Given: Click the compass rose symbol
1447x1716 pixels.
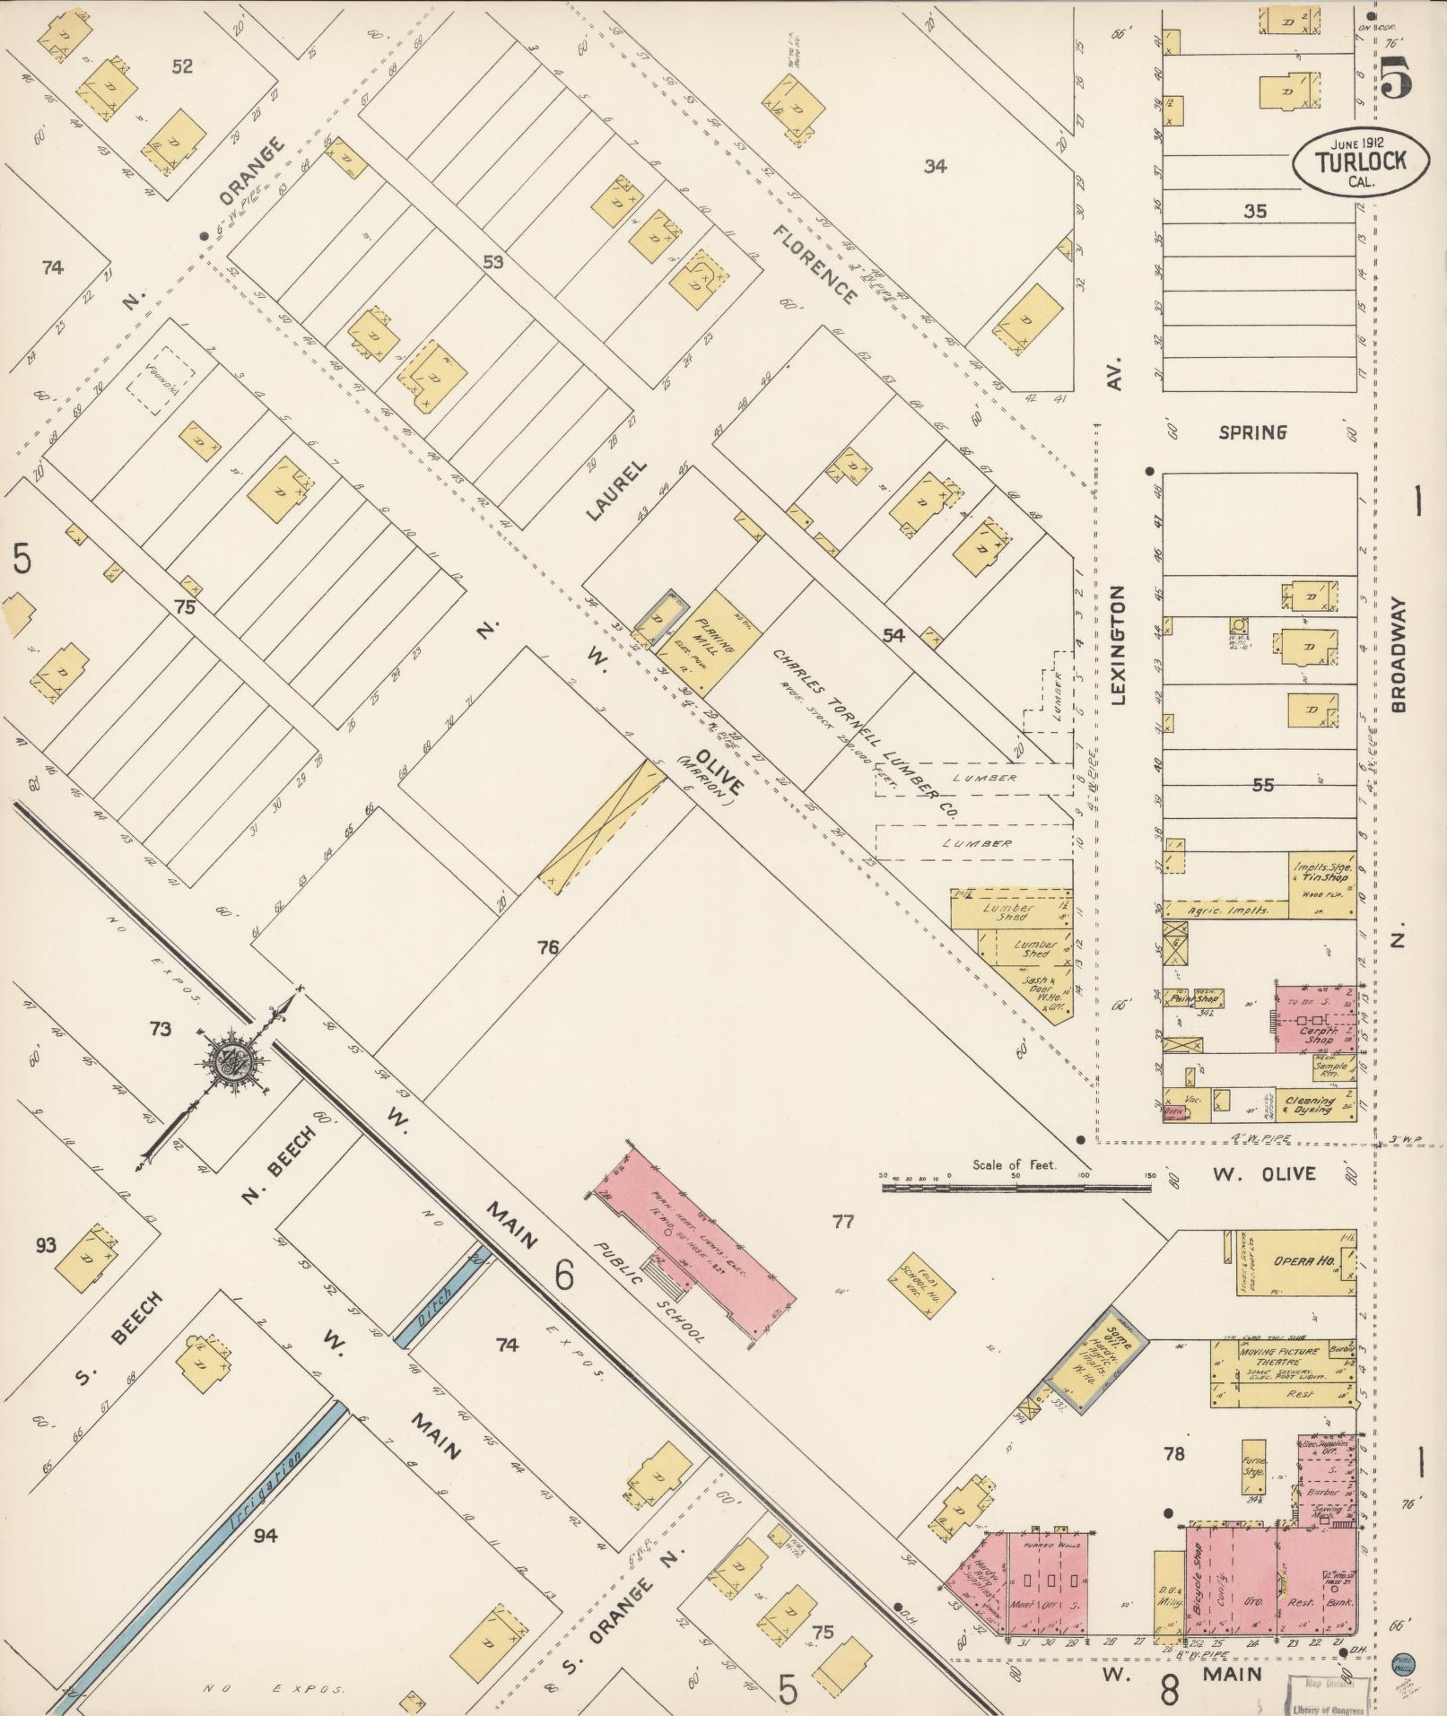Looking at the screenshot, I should pyautogui.click(x=234, y=1065).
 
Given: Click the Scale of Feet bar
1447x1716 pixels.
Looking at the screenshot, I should pyautogui.click(x=1016, y=1187).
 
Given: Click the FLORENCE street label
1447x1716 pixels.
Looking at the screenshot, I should pyautogui.click(x=814, y=263).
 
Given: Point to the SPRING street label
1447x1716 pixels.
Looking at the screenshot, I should pyautogui.click(x=1251, y=432).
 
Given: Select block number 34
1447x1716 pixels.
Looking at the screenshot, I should pyautogui.click(x=936, y=165).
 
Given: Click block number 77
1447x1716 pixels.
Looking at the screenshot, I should pyautogui.click(x=842, y=1221).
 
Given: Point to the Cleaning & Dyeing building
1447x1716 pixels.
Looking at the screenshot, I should pyautogui.click(x=1310, y=1104).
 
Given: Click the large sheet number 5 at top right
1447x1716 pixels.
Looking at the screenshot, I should pyautogui.click(x=1396, y=76).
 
